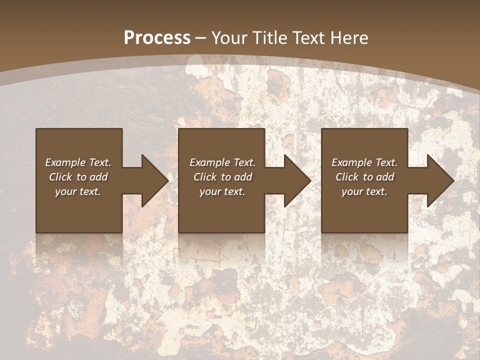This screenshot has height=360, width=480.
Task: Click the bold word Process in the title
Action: coord(157,38)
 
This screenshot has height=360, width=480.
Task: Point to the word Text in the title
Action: coord(308,38)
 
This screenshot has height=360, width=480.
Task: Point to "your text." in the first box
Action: coord(78,191)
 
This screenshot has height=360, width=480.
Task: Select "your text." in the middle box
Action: coord(222,191)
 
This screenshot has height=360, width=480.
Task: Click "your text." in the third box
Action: coord(364,191)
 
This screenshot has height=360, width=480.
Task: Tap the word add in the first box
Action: coord(98,177)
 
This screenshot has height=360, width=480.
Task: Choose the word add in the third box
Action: coord(385,177)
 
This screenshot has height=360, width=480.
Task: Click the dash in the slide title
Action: coord(201,38)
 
